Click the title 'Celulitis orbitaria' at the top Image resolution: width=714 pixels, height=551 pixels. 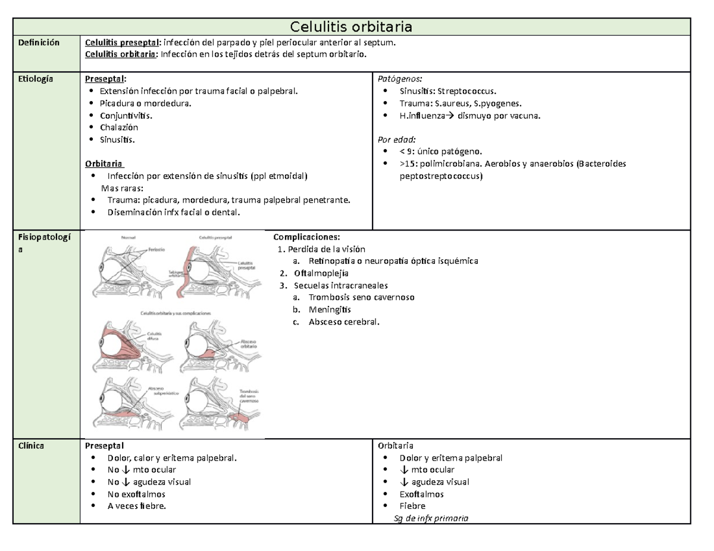[351, 27]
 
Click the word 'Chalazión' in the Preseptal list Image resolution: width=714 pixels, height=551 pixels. [119, 127]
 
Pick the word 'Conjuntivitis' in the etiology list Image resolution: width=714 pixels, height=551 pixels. [125, 115]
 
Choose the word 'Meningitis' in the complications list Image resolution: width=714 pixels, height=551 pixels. [330, 310]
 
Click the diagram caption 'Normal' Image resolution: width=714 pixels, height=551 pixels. [129, 237]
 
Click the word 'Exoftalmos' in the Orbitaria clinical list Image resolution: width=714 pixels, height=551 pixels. [422, 494]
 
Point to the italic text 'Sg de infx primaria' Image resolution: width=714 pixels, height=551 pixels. [431, 518]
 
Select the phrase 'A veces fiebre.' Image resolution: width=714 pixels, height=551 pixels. [137, 506]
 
